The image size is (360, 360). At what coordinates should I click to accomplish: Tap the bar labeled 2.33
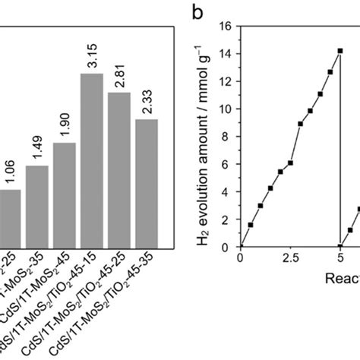click(146, 183)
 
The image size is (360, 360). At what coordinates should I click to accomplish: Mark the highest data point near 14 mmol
click(339, 51)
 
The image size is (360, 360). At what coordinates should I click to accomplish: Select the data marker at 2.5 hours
click(290, 163)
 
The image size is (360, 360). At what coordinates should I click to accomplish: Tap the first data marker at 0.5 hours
click(251, 225)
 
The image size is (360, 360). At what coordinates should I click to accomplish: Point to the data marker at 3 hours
click(300, 124)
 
